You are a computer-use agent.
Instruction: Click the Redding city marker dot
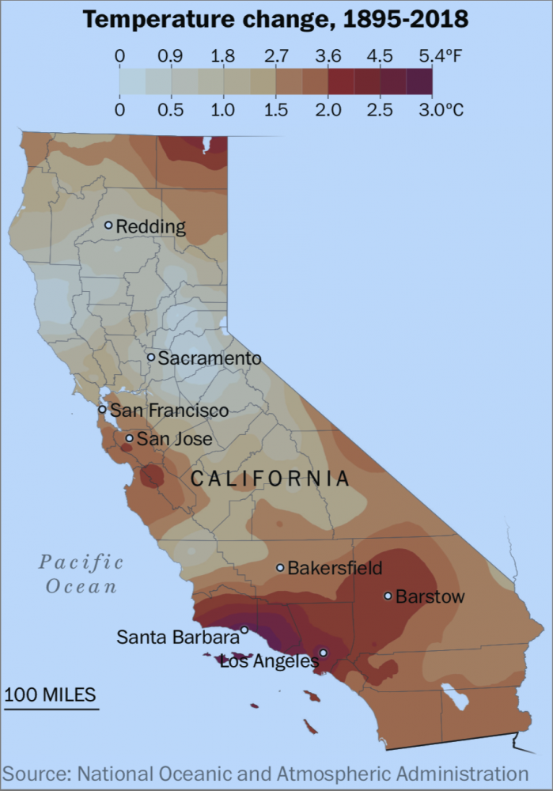(109, 225)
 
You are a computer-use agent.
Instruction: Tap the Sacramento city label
(209, 358)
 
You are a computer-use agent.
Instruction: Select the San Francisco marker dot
(102, 409)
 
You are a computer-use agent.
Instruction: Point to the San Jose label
(174, 438)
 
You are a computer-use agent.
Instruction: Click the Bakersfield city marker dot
(280, 567)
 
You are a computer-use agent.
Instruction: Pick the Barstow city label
(430, 596)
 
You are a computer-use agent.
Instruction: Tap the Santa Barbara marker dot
(244, 630)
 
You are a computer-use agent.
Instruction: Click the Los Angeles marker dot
(323, 653)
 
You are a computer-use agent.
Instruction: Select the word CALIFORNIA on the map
(270, 479)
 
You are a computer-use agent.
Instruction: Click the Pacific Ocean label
(81, 574)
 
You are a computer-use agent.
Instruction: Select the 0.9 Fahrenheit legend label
(171, 56)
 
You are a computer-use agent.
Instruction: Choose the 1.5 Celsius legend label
(275, 109)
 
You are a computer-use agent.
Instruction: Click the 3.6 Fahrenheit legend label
(328, 56)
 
